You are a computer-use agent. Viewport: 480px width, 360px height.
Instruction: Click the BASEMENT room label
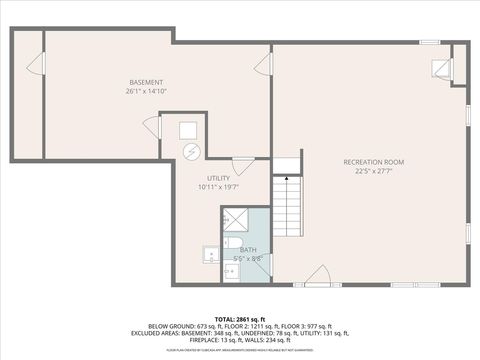(x=146, y=81)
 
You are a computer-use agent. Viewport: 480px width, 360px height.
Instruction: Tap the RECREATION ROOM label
(x=373, y=161)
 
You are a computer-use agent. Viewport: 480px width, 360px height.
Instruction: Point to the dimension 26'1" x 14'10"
(x=146, y=91)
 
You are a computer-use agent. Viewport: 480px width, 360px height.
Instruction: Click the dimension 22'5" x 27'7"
(x=373, y=171)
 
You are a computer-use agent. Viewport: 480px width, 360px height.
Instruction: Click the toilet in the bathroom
(x=229, y=269)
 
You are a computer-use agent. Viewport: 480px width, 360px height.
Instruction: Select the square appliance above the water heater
(x=188, y=129)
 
